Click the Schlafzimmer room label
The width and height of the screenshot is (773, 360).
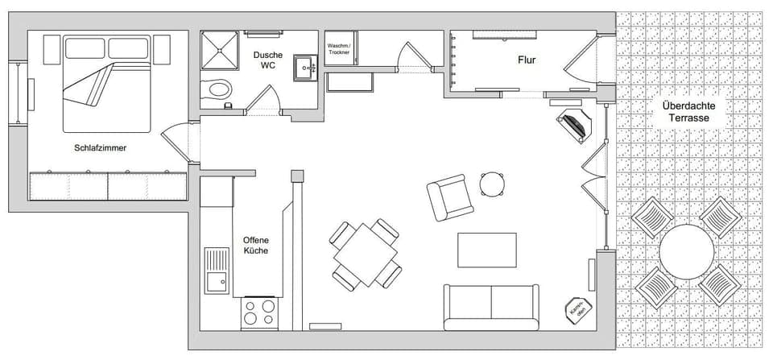pyautogui.click(x=100, y=148)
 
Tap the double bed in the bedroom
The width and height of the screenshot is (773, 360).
pyautogui.click(x=107, y=85)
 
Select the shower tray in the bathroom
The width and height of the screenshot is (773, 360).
pyautogui.click(x=219, y=50)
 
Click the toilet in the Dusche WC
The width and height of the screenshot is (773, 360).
pyautogui.click(x=217, y=87)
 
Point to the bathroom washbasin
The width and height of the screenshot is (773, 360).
pyautogui.click(x=306, y=68)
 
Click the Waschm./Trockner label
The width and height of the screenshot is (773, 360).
pyautogui.click(x=338, y=49)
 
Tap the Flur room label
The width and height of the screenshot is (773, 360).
pyautogui.click(x=527, y=60)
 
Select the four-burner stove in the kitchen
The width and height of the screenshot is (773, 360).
pyautogui.click(x=260, y=313)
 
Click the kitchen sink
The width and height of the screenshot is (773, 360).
pyautogui.click(x=216, y=271)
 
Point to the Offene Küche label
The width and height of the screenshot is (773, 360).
pyautogui.click(x=255, y=245)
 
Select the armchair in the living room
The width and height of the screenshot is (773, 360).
pyautogui.click(x=449, y=197)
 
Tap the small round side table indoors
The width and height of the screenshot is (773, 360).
pyautogui.click(x=492, y=184)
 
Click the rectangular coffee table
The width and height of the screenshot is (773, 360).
pyautogui.click(x=487, y=250)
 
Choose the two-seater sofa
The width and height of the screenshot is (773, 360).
pyautogui.click(x=491, y=306)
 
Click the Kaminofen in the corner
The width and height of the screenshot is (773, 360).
pyautogui.click(x=577, y=309)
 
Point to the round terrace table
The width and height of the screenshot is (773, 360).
pyautogui.click(x=686, y=251)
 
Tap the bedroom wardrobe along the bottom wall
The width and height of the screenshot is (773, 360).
pyautogui.click(x=108, y=186)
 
